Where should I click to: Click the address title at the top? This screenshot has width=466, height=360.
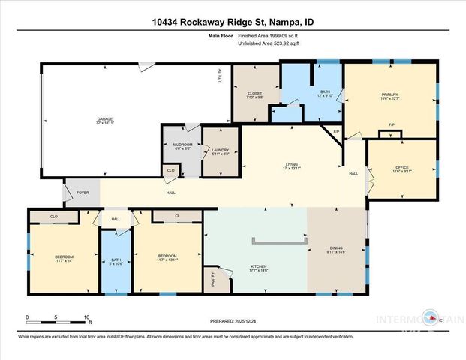pyautogui.click(x=233, y=22)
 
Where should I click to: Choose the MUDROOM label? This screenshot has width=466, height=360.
pyautogui.click(x=183, y=146)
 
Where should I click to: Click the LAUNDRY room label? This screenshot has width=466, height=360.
pyautogui.click(x=221, y=151)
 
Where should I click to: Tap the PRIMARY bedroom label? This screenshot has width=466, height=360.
pyautogui.click(x=389, y=94)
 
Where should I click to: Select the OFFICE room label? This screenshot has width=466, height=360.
pyautogui.click(x=401, y=169)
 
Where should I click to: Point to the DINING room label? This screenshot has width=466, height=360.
pyautogui.click(x=335, y=251)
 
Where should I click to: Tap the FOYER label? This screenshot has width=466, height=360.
pyautogui.click(x=83, y=193)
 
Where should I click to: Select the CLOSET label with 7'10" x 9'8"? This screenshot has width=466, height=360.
pyautogui.click(x=256, y=94)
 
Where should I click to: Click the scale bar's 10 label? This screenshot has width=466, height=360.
pyautogui.click(x=88, y=317)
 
